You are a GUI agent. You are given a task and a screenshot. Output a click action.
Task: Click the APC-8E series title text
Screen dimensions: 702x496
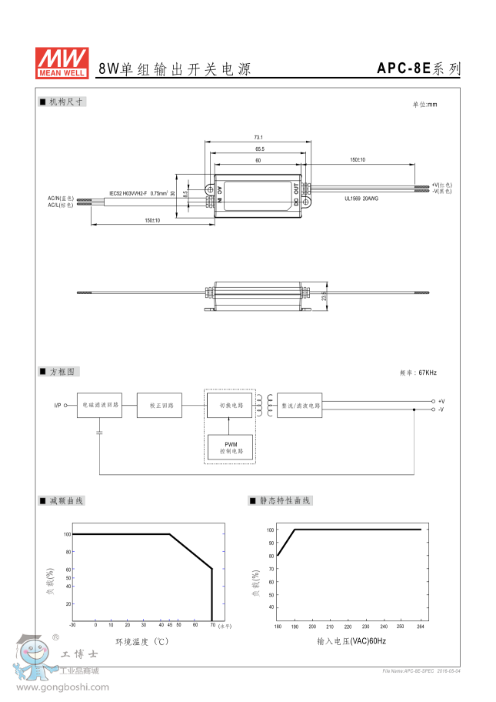point(418,69)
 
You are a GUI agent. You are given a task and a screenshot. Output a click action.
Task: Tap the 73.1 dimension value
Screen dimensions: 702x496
point(258,136)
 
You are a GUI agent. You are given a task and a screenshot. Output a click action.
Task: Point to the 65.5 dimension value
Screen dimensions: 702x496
point(259,149)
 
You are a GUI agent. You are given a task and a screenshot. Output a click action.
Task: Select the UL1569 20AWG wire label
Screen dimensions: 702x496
point(361,198)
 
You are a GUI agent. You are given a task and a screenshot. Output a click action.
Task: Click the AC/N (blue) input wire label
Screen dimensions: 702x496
point(60,199)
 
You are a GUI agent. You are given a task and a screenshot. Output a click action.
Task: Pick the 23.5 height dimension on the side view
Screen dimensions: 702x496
point(324,296)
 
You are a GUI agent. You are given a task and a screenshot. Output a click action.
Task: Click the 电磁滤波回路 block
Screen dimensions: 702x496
point(99,404)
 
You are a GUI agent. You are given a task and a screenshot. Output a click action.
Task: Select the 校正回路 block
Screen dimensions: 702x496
point(160,405)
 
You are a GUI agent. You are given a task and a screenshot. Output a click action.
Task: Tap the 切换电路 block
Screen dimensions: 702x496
point(230,404)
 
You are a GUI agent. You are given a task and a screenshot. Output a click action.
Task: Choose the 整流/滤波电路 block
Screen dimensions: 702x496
point(299,404)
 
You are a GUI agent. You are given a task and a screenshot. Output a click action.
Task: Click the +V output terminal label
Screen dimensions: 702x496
point(441,401)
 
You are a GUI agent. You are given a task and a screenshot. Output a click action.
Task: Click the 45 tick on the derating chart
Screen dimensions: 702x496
point(169,624)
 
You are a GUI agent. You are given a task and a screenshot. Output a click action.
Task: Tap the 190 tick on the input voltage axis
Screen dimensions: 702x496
point(295,627)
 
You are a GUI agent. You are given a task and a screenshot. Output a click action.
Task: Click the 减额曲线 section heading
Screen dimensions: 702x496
point(66,501)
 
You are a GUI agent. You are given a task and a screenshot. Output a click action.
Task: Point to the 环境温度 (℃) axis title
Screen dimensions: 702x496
point(141,640)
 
